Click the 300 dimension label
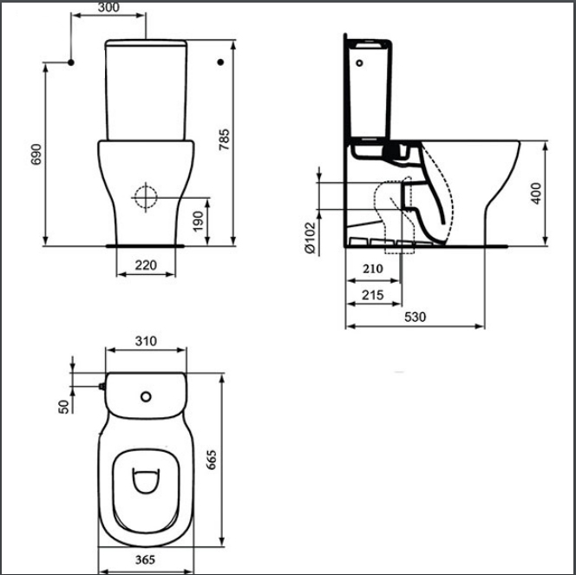108,7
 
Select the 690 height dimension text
36,154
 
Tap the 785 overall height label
224,140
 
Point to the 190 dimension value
199,221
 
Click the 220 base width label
146,265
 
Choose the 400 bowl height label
536,193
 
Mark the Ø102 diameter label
310,238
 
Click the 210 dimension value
373,269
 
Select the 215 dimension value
373,295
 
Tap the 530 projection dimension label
416,317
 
